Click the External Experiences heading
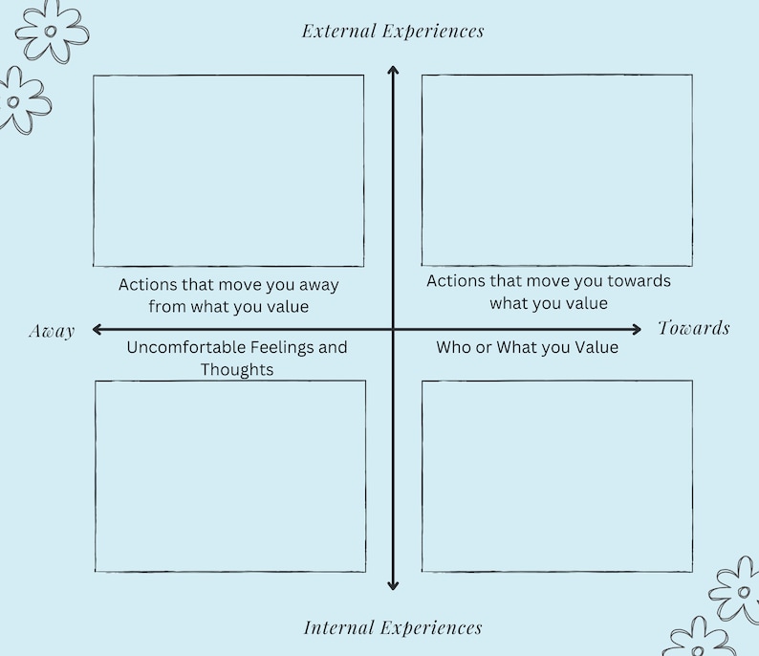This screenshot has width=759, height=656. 393,31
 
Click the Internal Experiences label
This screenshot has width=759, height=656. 393,628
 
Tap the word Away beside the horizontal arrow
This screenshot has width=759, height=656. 52,331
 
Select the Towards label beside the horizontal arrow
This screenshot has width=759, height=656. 694,329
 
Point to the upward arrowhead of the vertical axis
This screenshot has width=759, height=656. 392,69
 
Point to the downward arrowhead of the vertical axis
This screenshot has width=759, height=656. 392,585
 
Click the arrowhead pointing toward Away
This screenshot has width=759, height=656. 97,330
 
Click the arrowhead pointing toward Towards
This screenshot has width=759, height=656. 639,330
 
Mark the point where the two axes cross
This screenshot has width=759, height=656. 392,330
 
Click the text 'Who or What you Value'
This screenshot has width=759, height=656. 527,347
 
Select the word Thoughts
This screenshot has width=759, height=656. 237,369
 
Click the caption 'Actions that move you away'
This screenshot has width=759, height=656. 228,285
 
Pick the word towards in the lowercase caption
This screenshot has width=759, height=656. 639,281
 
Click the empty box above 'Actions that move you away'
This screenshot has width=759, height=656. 228,170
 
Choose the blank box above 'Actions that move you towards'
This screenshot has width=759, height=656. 556,170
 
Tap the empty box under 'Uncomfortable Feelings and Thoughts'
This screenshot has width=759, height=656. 229,476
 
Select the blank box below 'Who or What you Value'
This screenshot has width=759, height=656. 556,476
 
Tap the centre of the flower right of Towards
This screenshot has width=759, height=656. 743,591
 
